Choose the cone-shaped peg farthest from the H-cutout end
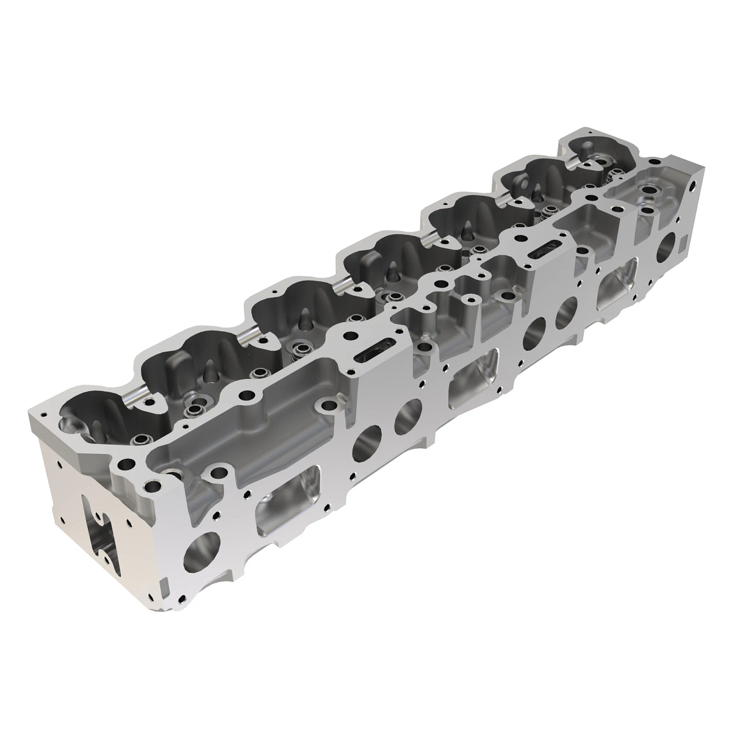tap(538, 194)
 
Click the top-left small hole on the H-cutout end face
tap(58, 467)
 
